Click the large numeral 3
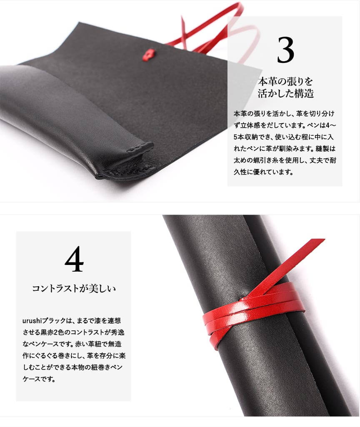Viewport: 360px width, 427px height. pos(285,50)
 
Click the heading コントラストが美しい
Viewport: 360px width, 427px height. pos(74,288)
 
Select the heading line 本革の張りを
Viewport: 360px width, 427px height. pos(285,81)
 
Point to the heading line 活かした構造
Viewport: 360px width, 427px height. pos(286,93)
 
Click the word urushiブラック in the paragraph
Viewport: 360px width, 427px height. pos(44,320)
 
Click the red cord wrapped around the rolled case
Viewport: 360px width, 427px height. pos(253,313)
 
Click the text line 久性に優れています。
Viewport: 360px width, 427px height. pos(263,172)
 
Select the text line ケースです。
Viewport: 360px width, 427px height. pos(39,379)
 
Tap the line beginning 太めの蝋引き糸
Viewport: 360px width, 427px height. pos(285,160)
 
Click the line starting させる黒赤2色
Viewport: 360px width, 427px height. pos(73,332)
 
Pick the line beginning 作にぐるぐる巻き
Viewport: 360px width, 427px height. pos(74,356)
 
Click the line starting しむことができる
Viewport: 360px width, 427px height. pos(72,367)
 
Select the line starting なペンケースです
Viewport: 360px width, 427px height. pos(72,344)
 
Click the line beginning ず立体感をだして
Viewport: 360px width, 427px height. pos(285,125)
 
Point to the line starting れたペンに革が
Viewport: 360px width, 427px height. pos(285,149)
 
